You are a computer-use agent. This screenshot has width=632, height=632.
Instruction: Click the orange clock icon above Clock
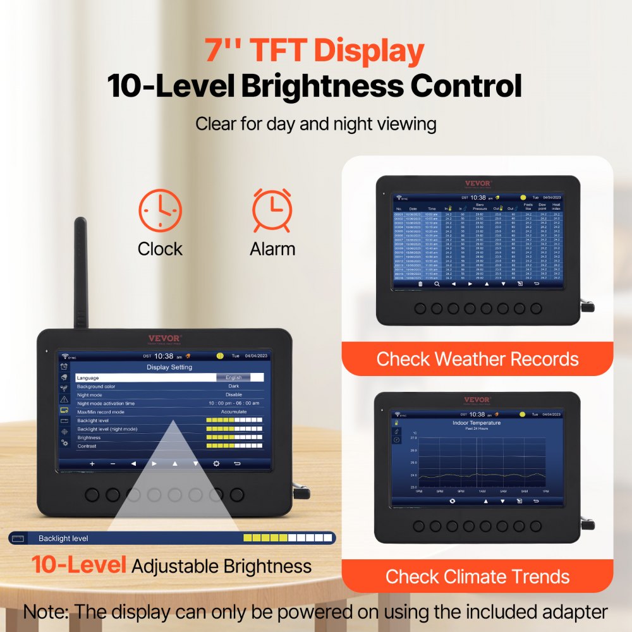(160, 210)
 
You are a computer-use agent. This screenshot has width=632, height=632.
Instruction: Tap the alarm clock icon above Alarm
(272, 210)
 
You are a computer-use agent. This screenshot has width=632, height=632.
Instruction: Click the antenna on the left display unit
(81, 272)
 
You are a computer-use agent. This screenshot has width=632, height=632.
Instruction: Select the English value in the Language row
(233, 377)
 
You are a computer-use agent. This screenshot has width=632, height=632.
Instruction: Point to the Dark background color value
(233, 386)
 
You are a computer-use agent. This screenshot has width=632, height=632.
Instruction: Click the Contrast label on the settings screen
(87, 446)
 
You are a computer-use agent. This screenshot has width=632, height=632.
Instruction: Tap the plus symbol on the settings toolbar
(92, 463)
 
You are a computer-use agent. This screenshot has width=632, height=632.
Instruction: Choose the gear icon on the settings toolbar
(216, 463)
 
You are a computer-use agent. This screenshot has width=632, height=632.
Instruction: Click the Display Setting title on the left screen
(169, 367)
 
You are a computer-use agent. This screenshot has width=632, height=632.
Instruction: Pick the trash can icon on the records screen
(420, 284)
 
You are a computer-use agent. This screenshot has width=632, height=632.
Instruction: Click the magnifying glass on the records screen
(436, 284)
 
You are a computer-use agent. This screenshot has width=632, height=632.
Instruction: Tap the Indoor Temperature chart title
(477, 423)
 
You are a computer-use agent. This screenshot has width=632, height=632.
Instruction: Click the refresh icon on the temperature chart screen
(453, 501)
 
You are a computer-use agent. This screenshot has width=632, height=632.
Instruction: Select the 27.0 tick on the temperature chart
(413, 437)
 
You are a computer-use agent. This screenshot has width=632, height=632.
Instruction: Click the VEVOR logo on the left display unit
(164, 338)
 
